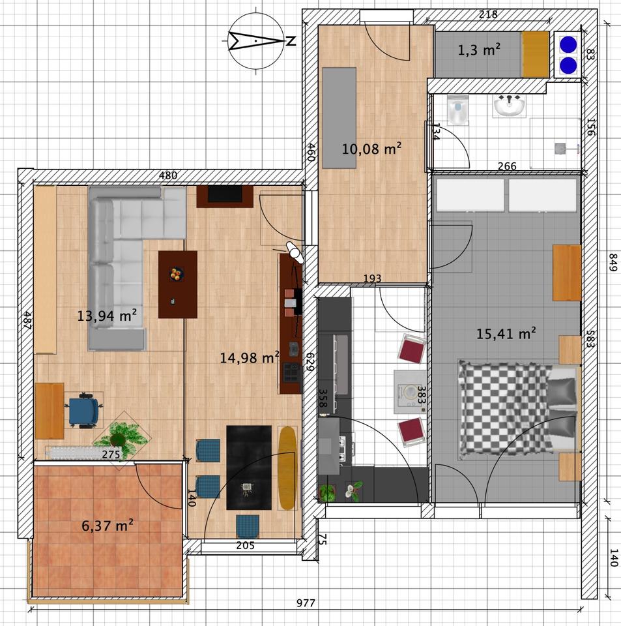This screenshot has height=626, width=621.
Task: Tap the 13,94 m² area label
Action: pos(107,316)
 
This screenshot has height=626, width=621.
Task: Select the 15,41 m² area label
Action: pos(506,334)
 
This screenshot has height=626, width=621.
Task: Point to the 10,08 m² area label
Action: pos(371,149)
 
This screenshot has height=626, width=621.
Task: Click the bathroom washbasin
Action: pos(509,106)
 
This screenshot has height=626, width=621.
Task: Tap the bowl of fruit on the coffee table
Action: pos(176,274)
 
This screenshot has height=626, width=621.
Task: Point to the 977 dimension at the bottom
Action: pos(306,603)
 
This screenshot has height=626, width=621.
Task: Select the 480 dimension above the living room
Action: pos(169,175)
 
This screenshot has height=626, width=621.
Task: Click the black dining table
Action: pos(248,467)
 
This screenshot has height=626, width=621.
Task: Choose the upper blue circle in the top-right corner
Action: pos(568,44)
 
